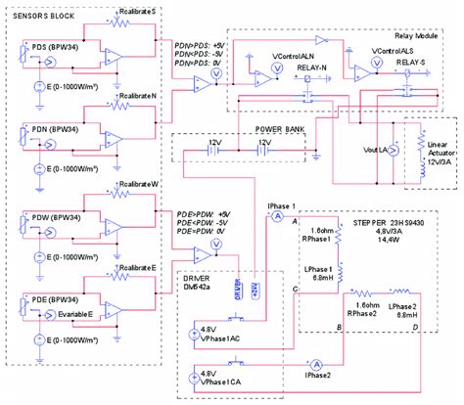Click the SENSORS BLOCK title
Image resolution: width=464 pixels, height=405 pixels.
click(x=46, y=16)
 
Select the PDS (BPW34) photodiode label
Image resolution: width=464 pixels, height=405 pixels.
click(x=55, y=46)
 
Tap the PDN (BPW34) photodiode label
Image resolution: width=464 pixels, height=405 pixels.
click(x=55, y=127)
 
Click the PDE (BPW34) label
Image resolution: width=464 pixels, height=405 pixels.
click(x=55, y=295)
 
